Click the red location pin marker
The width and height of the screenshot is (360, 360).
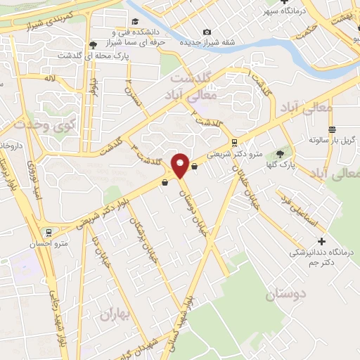click(180, 165)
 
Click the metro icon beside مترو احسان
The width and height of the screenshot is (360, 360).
click(47, 231)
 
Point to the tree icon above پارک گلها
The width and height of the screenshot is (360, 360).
click(283, 154)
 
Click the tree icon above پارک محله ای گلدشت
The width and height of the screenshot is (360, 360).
click(92, 45)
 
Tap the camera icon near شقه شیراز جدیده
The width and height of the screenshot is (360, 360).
click(206, 32)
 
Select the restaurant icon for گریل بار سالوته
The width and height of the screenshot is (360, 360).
click(331, 129)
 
